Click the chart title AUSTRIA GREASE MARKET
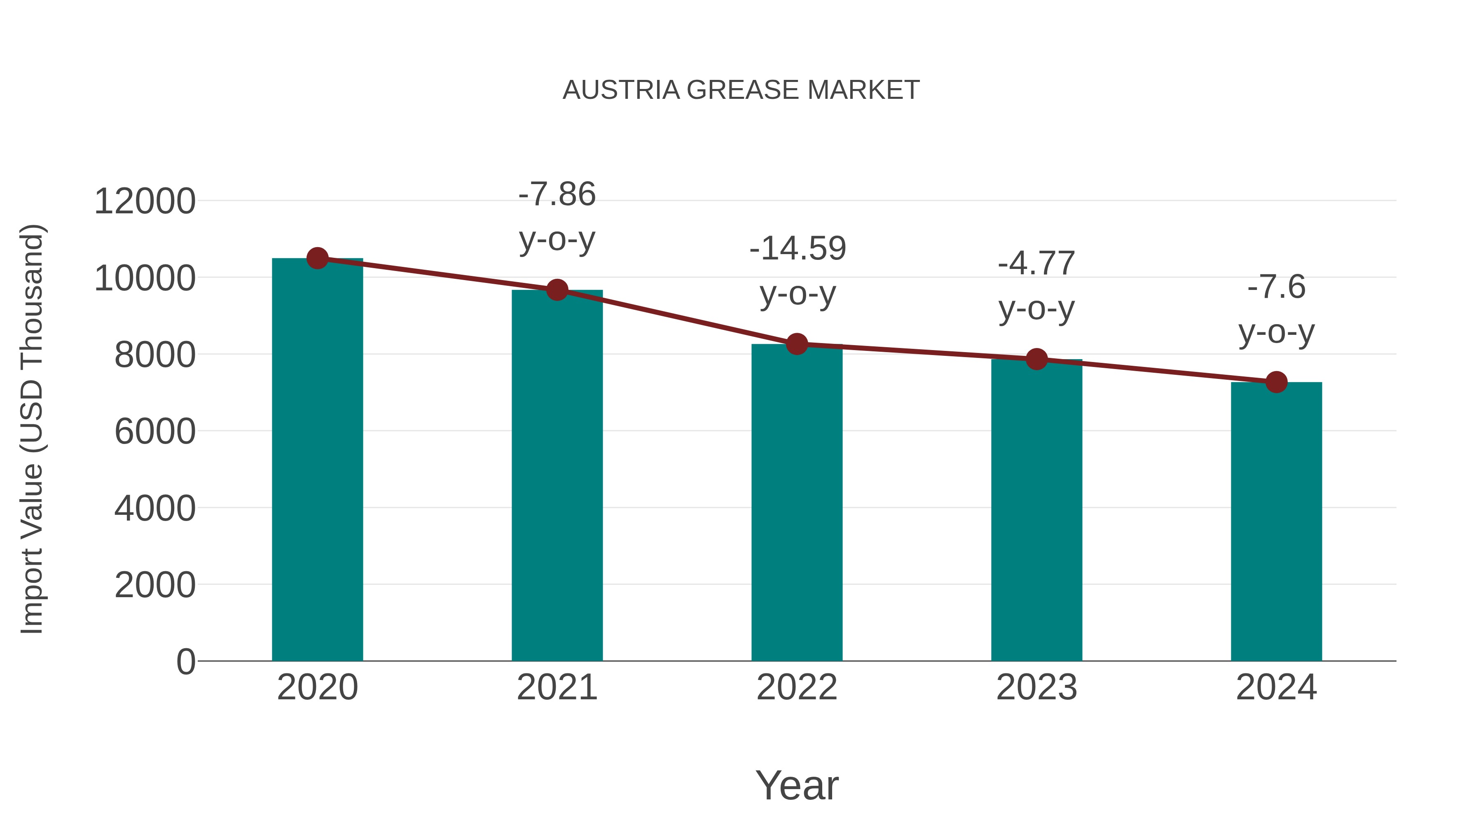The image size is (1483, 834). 741,90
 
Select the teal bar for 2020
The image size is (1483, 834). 317,460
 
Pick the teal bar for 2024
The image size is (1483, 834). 1276,521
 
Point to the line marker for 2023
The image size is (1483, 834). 1037,359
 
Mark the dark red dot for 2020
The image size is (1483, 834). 317,258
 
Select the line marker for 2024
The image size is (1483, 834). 1276,382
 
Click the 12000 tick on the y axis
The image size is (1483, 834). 145,202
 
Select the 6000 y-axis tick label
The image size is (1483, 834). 155,432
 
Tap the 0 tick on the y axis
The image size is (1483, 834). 185,661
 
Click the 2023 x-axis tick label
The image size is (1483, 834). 1037,687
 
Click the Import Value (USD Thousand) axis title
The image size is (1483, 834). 32,430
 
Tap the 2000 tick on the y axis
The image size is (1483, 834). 155,585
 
